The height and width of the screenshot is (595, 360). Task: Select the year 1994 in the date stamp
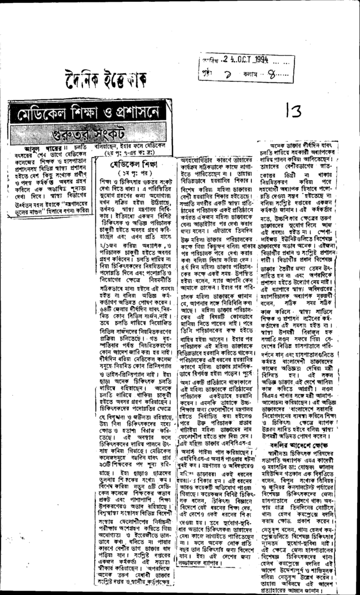[x=260, y=60]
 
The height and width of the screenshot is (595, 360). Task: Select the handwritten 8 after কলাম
[x=272, y=73]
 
